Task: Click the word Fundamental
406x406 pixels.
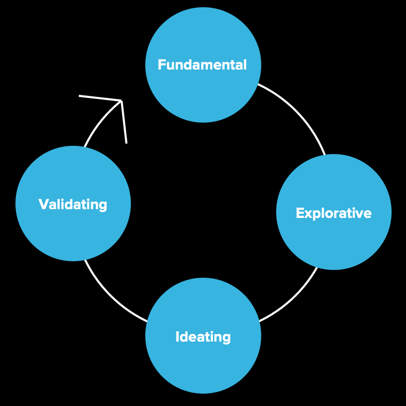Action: point(202,65)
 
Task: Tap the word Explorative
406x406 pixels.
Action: point(333,213)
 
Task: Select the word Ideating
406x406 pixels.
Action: point(203,337)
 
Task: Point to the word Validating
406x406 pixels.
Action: point(73,205)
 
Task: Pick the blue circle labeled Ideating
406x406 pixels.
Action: point(203,366)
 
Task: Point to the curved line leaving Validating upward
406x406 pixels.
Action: point(98,122)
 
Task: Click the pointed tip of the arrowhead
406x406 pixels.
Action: point(121,100)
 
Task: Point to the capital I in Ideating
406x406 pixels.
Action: point(178,337)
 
